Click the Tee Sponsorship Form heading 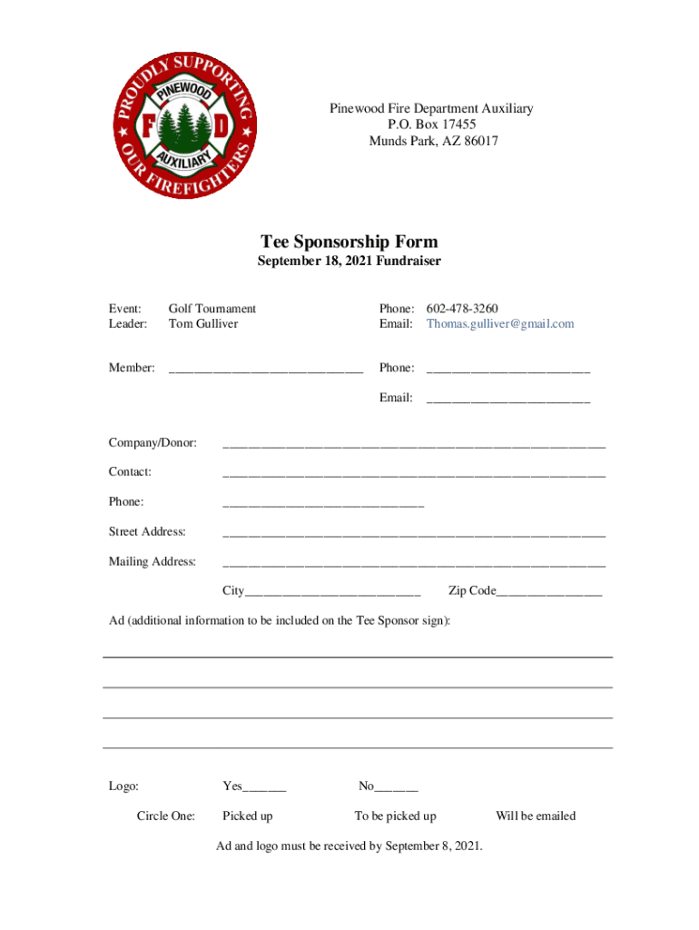pos(349,242)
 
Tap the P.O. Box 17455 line pos(430,125)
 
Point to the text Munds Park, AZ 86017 pos(433,142)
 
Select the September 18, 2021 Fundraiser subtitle pos(349,262)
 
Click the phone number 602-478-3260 pos(462,309)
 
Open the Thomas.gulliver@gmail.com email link pos(500,324)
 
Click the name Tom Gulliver pos(203,324)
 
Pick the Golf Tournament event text pos(212,309)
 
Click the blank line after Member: pos(265,370)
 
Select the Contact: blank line pos(413,474)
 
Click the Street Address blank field pos(413,534)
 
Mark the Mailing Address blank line pos(413,564)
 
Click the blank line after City pos(332,593)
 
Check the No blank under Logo pos(397,788)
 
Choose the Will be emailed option pos(536,816)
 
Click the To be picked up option pos(395,816)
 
